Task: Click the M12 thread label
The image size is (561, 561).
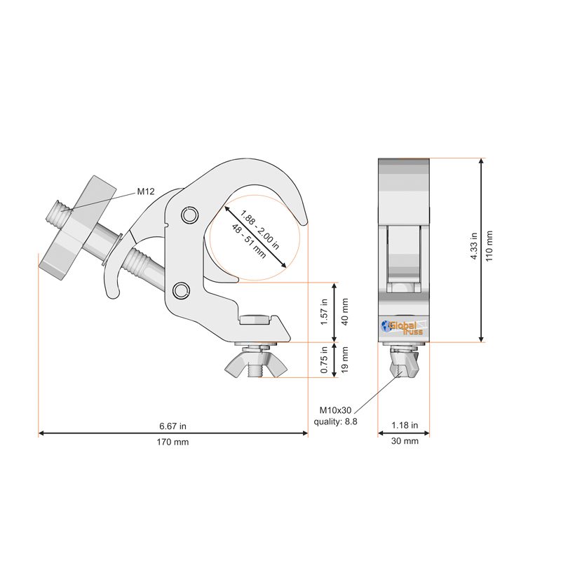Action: click(x=145, y=191)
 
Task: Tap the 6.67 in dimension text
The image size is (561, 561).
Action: click(x=173, y=426)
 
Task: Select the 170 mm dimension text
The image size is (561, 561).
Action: click(x=173, y=442)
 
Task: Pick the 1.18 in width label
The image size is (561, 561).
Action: click(x=405, y=425)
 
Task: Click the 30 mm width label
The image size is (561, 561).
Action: click(x=405, y=441)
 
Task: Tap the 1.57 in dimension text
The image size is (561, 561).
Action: click(x=325, y=311)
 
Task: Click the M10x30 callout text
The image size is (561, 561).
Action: click(x=335, y=410)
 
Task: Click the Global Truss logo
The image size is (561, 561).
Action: click(x=402, y=327)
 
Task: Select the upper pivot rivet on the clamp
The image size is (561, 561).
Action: click(x=188, y=214)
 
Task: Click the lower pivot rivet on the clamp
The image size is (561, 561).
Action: click(x=181, y=290)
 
